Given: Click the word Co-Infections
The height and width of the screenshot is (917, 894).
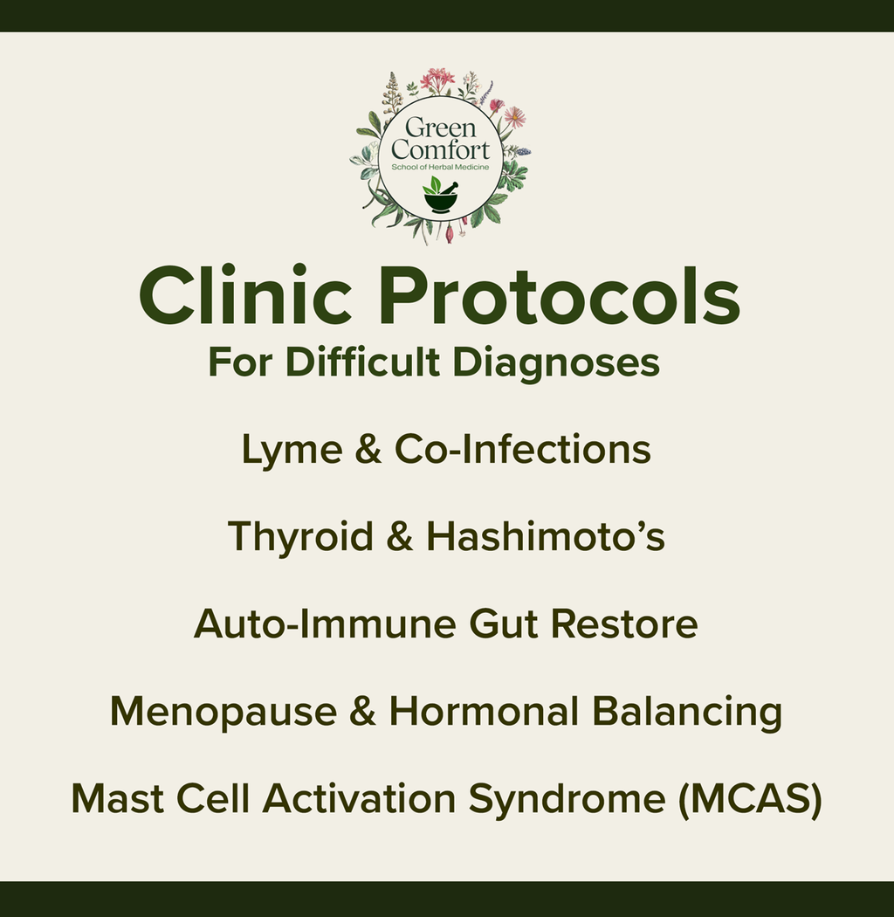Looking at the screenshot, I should coord(522,451).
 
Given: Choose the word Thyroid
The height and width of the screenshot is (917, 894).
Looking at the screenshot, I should coord(300,537).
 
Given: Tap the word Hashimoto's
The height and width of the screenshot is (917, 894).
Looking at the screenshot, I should coord(546,537).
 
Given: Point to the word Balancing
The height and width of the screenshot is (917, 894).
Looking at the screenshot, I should coord(686,712).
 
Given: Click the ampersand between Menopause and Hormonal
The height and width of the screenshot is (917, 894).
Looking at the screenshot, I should coord(362,712).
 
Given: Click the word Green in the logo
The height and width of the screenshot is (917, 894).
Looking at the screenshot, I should coord(440,128).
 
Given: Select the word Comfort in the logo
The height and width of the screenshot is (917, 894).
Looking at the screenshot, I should coord(440,148).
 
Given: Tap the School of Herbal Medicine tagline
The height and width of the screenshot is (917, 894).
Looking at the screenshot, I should coord(440,166).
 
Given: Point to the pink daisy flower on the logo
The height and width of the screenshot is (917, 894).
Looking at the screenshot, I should coord(514,116).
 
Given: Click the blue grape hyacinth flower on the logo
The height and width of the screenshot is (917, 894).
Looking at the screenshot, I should coord(522,151).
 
